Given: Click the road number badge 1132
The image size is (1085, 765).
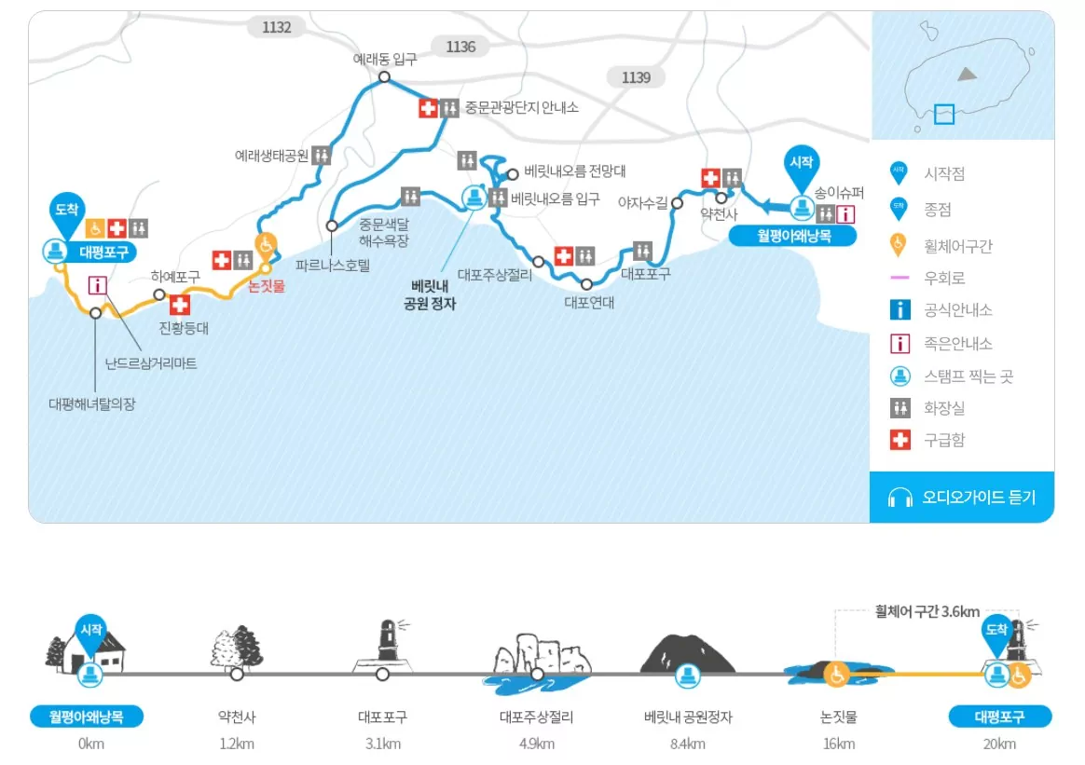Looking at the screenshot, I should (x=277, y=27).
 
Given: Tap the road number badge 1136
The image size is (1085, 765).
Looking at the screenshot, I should (x=460, y=47).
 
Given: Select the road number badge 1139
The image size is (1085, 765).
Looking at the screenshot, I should (x=636, y=77).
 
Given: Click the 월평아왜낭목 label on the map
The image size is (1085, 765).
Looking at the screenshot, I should (x=792, y=237).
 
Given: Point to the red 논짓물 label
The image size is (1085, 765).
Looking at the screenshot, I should (x=267, y=287).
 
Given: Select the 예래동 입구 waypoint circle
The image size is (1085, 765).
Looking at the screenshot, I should (x=383, y=77).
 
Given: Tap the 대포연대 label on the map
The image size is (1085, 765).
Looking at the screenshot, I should (x=589, y=302).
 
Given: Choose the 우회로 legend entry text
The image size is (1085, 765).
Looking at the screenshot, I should (x=944, y=278).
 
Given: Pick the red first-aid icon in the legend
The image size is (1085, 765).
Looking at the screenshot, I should (x=900, y=440).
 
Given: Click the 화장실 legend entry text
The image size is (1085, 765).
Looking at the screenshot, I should (x=944, y=407).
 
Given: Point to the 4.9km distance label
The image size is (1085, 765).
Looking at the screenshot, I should (x=536, y=744).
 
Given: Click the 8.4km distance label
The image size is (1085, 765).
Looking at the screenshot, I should (x=688, y=744).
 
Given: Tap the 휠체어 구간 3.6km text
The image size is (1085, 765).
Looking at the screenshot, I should (x=927, y=612).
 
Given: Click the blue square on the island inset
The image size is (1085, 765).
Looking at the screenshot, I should (x=944, y=114).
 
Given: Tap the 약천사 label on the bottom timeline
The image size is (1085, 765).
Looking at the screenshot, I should (x=236, y=717).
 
